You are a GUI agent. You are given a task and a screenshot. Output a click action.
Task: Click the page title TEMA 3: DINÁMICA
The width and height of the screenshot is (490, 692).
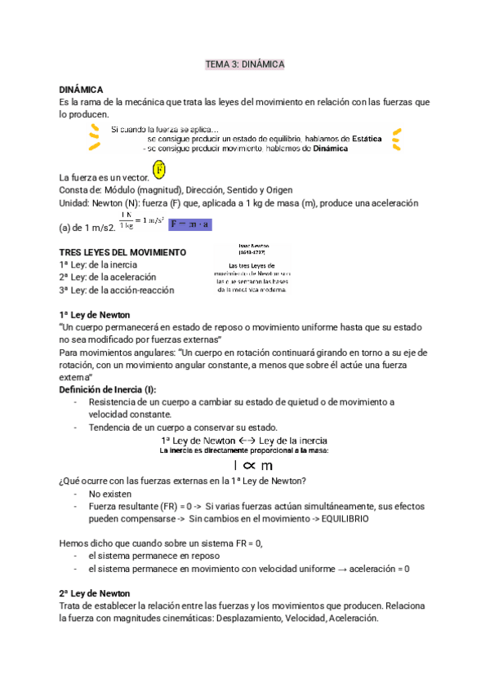pyautogui.click(x=244, y=64)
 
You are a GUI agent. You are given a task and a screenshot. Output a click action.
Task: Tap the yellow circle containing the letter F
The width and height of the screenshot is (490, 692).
pyautogui.click(x=159, y=171)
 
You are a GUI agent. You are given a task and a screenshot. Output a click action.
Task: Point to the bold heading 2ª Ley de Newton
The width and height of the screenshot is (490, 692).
pyautogui.click(x=95, y=593)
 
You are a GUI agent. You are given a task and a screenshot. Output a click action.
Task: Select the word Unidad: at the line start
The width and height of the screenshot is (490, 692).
pyautogui.click(x=78, y=202)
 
